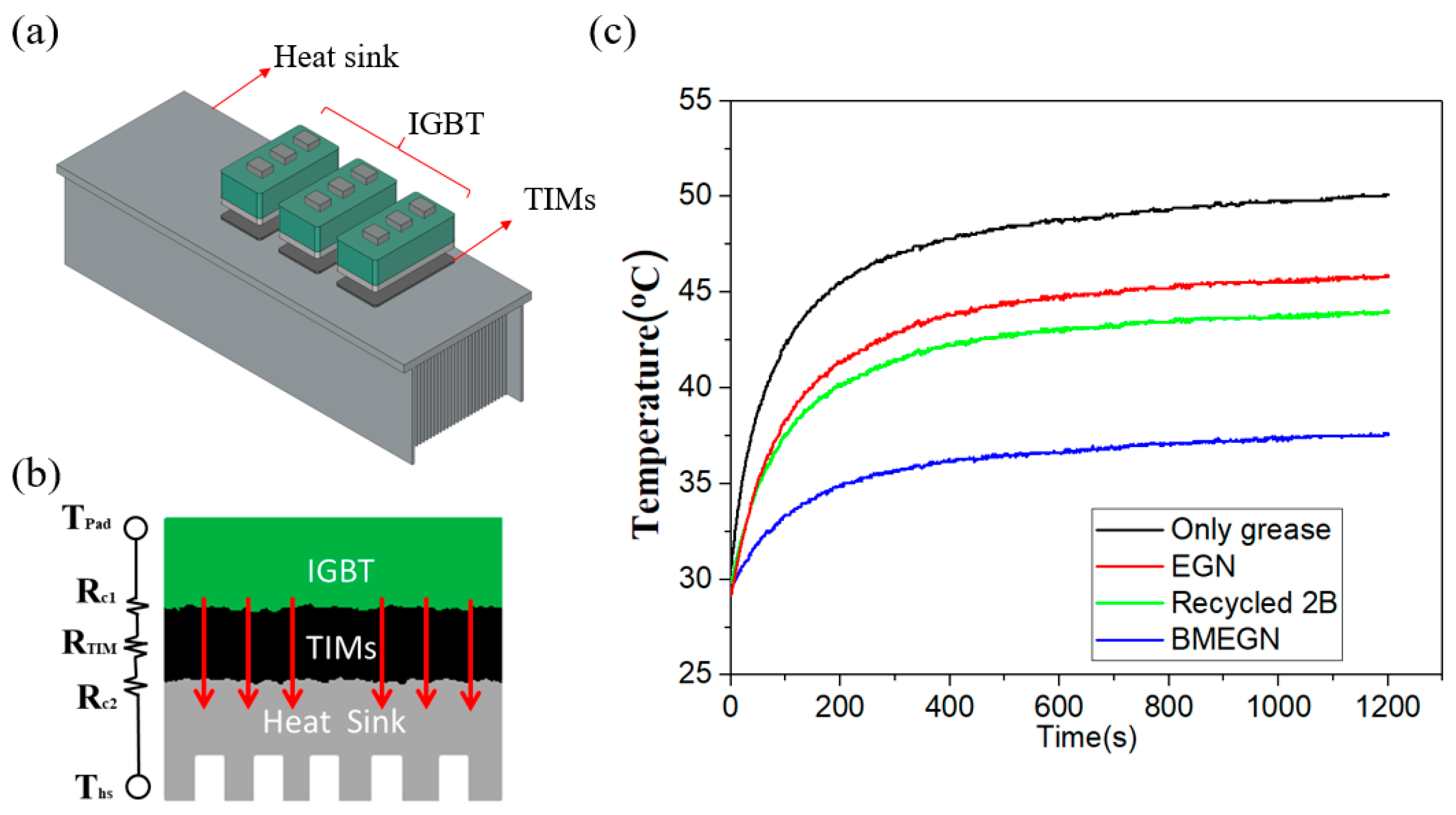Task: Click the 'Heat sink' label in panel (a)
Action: click(336, 57)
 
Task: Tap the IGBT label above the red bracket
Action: click(445, 123)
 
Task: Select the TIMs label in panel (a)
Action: click(559, 199)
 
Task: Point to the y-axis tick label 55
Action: click(695, 100)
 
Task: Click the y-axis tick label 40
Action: click(695, 387)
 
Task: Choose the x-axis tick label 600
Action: click(1058, 707)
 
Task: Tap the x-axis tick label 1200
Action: click(1388, 707)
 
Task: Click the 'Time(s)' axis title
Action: click(1087, 737)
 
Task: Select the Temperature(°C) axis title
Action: click(646, 394)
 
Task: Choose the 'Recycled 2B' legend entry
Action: click(1254, 603)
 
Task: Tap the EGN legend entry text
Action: click(1203, 566)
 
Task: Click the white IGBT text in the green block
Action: click(340, 571)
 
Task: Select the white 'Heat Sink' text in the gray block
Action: click(334, 722)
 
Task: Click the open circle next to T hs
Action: click(138, 786)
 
